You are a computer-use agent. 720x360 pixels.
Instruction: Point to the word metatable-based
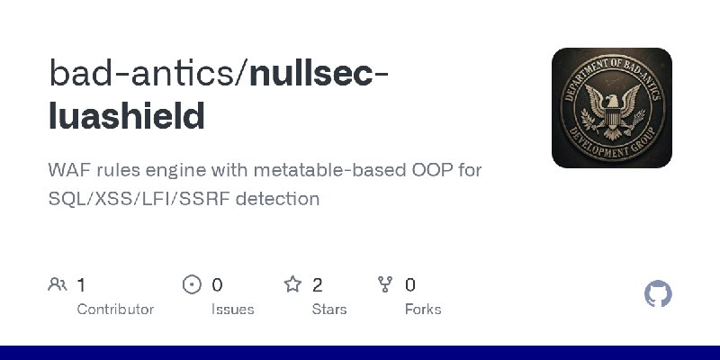(312, 170)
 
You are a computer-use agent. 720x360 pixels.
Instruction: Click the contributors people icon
(58, 285)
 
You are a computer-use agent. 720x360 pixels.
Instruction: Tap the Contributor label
(115, 309)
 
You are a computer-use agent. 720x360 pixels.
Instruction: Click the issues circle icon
(192, 285)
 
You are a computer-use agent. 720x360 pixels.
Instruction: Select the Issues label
(232, 309)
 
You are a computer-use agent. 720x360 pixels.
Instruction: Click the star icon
(292, 285)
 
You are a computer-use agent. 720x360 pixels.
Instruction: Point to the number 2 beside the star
(317, 285)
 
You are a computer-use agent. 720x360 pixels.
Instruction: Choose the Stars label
(328, 309)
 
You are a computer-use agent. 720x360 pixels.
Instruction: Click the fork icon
(385, 285)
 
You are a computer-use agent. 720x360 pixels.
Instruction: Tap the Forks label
(423, 309)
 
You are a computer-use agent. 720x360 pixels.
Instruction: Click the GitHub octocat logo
(659, 294)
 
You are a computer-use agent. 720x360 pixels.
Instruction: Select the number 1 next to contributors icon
(81, 285)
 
